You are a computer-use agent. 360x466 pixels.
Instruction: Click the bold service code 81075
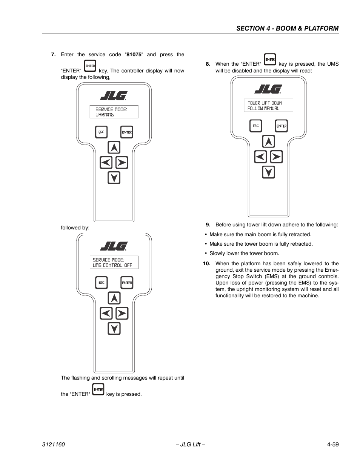pyautogui.click(x=134, y=55)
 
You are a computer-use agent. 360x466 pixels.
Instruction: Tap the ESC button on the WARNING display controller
pyautogui.click(x=101, y=132)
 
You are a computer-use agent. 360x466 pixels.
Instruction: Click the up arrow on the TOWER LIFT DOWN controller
pyautogui.click(x=268, y=141)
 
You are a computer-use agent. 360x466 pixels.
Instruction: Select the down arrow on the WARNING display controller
pyautogui.click(x=114, y=177)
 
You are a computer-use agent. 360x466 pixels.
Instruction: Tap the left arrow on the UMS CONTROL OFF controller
pyautogui.click(x=106, y=313)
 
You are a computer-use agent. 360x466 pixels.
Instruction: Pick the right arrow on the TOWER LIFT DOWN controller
pyautogui.click(x=276, y=157)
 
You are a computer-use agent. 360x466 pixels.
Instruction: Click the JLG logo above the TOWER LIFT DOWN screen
pyautogui.click(x=268, y=89)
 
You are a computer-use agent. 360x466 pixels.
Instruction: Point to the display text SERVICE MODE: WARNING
pyautogui.click(x=114, y=112)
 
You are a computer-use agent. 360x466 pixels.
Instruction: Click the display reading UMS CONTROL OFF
pyautogui.click(x=114, y=263)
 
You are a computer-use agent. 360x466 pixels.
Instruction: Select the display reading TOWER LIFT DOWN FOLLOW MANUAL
pyautogui.click(x=268, y=106)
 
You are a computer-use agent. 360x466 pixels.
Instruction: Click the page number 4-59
pyautogui.click(x=333, y=444)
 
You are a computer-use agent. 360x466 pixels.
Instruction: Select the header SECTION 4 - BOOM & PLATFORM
pyautogui.click(x=287, y=28)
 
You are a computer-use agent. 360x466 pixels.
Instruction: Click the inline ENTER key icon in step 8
pyautogui.click(x=270, y=59)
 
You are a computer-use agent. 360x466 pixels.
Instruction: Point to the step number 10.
pyautogui.click(x=206, y=264)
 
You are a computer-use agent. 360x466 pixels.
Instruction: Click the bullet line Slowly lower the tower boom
pyautogui.click(x=244, y=254)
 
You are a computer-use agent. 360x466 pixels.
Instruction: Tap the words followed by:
pyautogui.click(x=75, y=228)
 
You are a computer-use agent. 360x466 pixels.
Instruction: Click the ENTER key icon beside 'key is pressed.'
pyautogui.click(x=98, y=389)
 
